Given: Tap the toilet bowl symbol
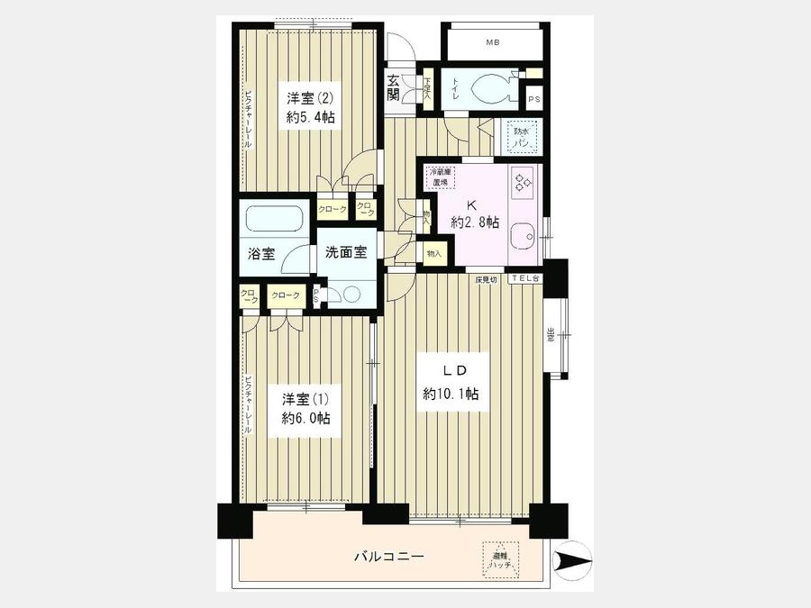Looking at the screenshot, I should tap(490, 88).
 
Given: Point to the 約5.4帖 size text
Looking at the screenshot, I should tap(313, 118).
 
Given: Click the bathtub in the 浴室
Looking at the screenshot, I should tap(275, 221).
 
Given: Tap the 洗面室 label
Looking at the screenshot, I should tap(346, 253).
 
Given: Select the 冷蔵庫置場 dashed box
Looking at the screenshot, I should tap(441, 177).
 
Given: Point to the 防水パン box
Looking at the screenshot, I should tap(520, 139).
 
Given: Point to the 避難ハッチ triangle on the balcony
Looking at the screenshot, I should tap(500, 558).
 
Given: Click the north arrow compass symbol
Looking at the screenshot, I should tap(571, 562).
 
